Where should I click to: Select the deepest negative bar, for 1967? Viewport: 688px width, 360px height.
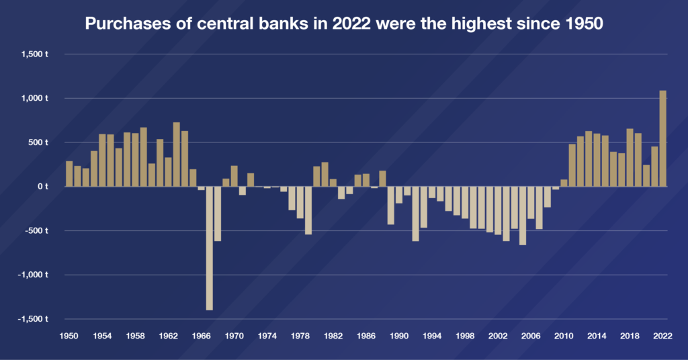210,248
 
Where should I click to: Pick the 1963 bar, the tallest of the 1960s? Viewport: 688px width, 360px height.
177,154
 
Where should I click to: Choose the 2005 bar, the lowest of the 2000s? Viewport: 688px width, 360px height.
523,216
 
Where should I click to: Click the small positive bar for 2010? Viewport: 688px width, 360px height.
564,183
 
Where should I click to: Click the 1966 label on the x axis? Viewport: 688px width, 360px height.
201,335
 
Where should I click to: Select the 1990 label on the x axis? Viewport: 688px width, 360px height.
399,335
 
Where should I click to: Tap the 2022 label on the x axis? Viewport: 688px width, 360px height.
662,335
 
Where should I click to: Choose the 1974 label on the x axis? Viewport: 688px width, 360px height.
267,335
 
